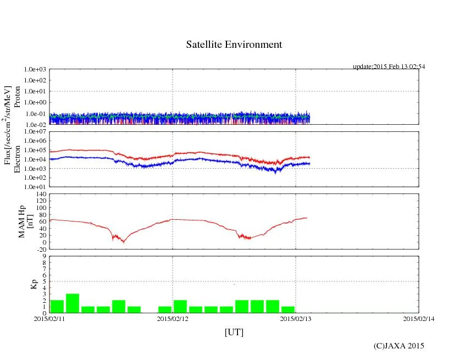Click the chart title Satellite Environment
pos(234,45)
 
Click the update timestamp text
pos(389,67)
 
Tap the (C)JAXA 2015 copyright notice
pos(398,346)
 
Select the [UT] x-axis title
pos(234,332)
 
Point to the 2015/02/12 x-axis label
pos(173,318)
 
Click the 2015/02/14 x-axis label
pos(419,318)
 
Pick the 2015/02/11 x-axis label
pos(49,318)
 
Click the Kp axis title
pos(32,285)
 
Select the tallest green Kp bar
pos(73,303)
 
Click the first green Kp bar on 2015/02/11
pos(57,306)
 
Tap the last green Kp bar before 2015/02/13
pos(288,309)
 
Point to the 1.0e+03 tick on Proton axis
pos(35,70)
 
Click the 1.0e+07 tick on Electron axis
pos(35,132)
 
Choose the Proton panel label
pos(17,97)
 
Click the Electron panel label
pos(17,159)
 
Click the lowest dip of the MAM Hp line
pos(123,242)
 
